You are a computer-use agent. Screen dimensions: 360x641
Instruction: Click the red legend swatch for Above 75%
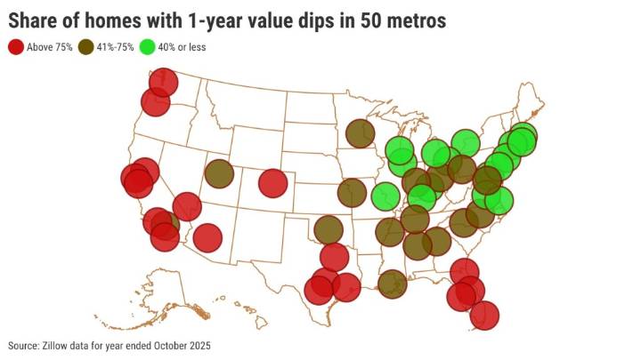16,46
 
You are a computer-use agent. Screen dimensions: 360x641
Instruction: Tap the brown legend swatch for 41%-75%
86,46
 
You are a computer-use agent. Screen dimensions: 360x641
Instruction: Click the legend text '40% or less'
183,46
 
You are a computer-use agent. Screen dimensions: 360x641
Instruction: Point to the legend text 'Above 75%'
50,46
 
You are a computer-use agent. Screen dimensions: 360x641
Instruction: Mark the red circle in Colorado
273,183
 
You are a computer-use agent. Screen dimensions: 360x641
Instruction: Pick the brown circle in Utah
219,174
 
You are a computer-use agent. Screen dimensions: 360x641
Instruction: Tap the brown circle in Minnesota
360,134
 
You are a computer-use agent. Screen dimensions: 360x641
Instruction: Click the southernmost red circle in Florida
483,315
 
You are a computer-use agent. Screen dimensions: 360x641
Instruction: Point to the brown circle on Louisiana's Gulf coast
392,284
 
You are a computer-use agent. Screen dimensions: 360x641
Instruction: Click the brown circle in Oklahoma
329,230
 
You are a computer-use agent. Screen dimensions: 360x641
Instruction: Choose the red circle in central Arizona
207,237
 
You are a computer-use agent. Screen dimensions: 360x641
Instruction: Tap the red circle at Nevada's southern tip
186,207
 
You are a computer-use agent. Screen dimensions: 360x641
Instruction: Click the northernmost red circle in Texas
333,258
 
